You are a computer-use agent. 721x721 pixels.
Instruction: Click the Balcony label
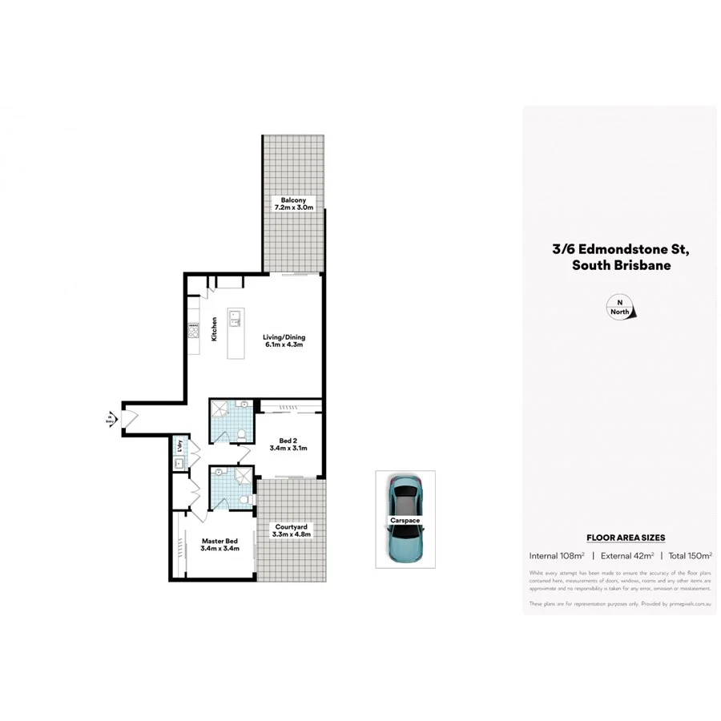pyautogui.click(x=293, y=203)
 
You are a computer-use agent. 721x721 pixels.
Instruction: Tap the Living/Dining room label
pyautogui.click(x=284, y=342)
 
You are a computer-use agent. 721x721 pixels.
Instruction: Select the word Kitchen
pyautogui.click(x=214, y=329)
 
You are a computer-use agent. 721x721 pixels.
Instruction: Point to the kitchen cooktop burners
pyautogui.click(x=193, y=329)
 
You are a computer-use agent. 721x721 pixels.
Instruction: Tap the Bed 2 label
pyautogui.click(x=289, y=444)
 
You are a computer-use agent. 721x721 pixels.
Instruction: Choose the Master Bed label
pyautogui.click(x=219, y=546)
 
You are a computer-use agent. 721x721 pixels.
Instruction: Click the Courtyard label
pyautogui.click(x=291, y=530)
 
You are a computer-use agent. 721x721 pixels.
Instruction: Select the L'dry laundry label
pyautogui.click(x=182, y=445)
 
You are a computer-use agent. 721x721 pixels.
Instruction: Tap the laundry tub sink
pyautogui.click(x=181, y=462)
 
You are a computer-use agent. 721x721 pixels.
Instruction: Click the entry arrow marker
pyautogui.click(x=109, y=417)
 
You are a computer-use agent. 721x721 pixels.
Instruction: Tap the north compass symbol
pyautogui.click(x=620, y=308)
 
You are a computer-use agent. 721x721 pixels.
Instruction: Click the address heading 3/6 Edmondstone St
pyautogui.click(x=620, y=249)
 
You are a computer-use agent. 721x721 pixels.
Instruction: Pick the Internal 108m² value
pyautogui.click(x=556, y=555)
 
